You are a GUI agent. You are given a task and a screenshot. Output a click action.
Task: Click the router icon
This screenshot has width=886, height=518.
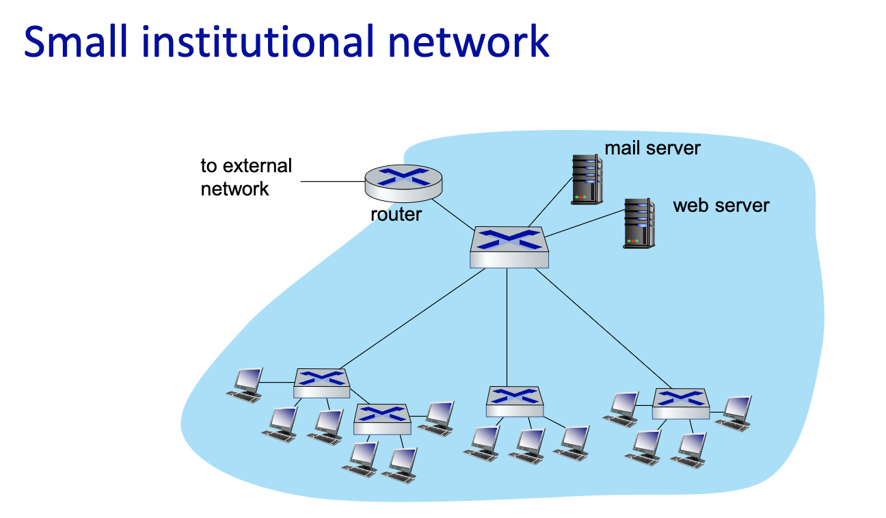[403, 180]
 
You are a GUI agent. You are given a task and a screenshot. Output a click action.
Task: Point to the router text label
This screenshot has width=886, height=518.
[396, 215]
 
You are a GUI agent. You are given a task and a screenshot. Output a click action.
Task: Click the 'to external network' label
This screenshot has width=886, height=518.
[245, 177]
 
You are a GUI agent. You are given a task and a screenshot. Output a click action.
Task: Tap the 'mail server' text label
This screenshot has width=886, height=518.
[652, 148]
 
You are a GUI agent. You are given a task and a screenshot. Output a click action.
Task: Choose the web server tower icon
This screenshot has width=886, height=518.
[638, 223]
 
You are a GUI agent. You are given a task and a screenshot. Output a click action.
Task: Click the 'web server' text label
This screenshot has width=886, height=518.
[721, 205]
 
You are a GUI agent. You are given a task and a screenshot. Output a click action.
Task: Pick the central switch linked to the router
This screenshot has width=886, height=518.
[509, 247]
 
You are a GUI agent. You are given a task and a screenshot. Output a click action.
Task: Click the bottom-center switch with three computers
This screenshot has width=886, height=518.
[515, 401]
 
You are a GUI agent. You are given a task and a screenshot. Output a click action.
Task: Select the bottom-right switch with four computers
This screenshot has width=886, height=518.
[680, 403]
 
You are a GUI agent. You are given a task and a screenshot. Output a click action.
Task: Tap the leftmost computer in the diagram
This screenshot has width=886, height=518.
[245, 384]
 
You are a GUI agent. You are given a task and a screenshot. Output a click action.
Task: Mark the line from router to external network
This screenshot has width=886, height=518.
[332, 182]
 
